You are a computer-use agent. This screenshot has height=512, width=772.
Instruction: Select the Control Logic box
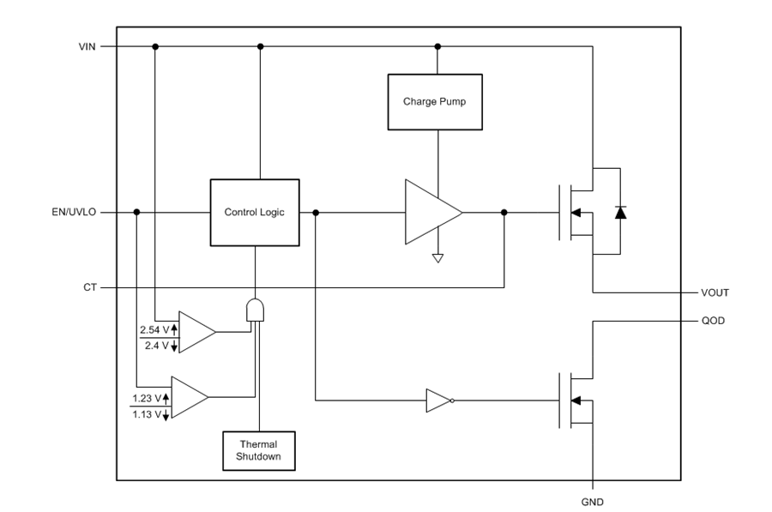(x=255, y=212)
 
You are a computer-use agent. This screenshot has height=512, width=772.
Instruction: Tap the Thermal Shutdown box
(x=258, y=450)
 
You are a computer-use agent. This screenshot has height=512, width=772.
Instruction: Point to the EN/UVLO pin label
(x=75, y=212)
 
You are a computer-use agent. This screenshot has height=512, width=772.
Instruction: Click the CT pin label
(x=89, y=288)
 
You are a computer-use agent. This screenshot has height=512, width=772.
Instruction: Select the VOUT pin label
(x=715, y=292)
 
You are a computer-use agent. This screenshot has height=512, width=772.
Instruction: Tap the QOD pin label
(x=712, y=321)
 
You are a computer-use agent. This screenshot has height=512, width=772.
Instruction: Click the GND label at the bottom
(x=593, y=501)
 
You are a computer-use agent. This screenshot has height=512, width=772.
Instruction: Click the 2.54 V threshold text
(x=155, y=328)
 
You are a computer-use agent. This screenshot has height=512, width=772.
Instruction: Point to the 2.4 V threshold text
(x=158, y=346)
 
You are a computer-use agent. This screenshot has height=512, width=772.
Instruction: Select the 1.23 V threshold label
(x=148, y=397)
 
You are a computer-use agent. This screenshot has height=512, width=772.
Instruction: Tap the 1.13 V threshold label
(x=148, y=414)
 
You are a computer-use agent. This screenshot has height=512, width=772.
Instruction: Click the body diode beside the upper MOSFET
(x=620, y=212)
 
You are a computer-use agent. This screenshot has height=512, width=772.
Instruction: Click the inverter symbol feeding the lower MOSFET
(x=438, y=400)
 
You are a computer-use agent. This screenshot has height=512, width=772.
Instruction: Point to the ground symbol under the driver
(x=437, y=257)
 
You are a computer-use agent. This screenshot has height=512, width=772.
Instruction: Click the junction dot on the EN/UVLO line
(x=137, y=212)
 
